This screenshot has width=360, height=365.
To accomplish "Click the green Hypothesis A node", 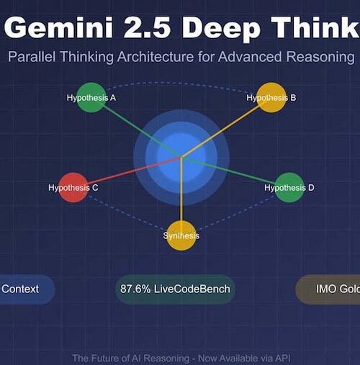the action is point(91,97).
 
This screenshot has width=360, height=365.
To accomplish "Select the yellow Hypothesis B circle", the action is point(271,97).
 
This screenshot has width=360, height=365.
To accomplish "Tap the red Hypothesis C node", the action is point(73,187).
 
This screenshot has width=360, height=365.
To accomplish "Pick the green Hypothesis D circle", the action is point(289,187).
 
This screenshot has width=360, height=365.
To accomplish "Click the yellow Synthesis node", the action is point(181,235).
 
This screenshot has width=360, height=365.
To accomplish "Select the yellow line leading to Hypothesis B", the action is point(221,131).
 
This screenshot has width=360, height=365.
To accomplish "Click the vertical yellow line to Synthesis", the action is point(181,189).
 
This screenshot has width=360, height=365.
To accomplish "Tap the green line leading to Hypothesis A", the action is point(143,131).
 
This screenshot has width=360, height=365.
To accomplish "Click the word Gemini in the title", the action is point(59,27).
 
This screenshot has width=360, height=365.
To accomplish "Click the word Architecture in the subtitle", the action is point(156,57).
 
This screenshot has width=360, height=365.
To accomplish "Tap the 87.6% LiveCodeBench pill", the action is point(175,289).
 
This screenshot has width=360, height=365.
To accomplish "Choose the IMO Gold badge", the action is point(328,289).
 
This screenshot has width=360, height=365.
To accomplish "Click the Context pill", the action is point(27,289).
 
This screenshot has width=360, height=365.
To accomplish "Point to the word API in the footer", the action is point(282,358).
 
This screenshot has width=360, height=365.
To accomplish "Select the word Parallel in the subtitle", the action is point(32,57).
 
